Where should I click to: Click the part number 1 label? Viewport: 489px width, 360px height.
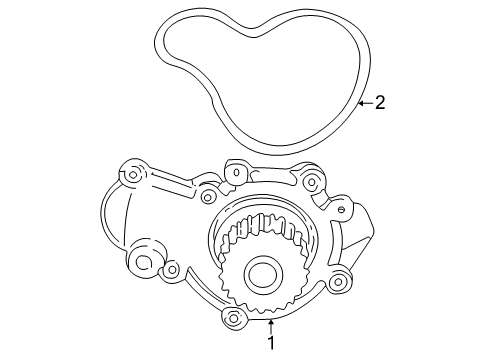(x=268, y=343)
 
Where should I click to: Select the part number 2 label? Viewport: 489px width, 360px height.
(x=380, y=101)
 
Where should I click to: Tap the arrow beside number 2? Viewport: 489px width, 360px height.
(x=364, y=101)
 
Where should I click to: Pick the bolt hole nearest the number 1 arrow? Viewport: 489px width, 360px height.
(x=235, y=318)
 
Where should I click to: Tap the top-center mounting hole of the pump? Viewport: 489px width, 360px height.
(x=236, y=172)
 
